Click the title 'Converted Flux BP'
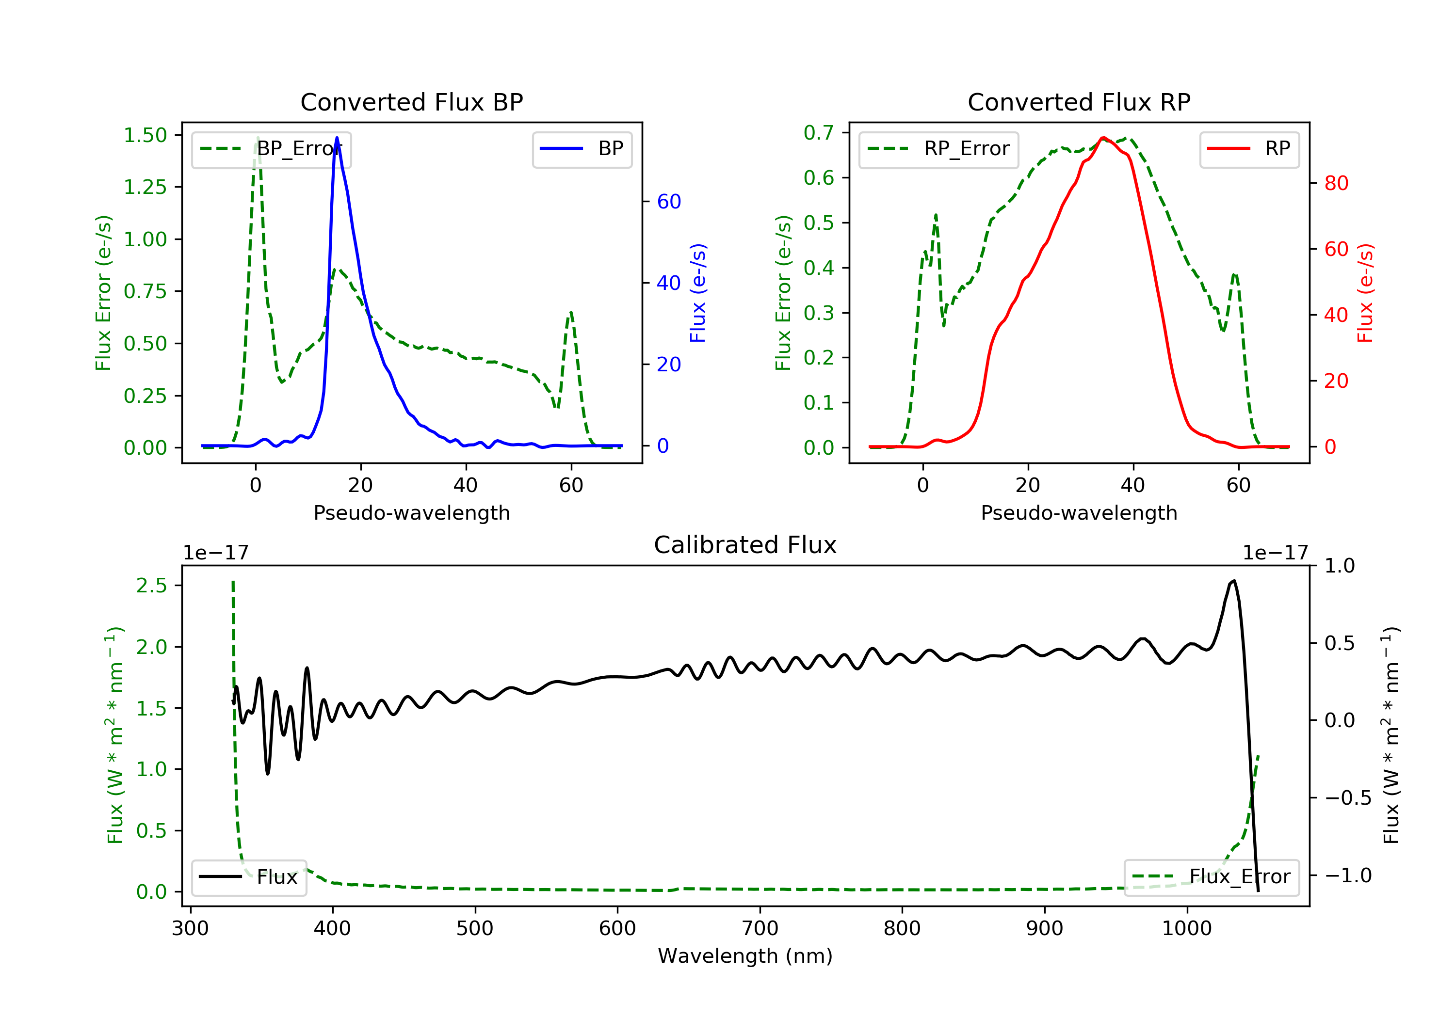click(411, 102)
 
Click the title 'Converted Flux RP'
click(1079, 102)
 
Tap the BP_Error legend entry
click(271, 149)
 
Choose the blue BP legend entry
click(582, 149)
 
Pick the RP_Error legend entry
click(938, 149)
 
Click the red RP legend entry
click(1249, 149)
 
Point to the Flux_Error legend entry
click(1211, 877)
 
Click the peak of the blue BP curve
click(337, 138)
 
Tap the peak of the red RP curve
click(1103, 138)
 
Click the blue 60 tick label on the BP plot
click(668, 202)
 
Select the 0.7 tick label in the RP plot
click(819, 132)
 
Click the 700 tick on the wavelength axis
click(760, 928)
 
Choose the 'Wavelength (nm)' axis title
click(745, 956)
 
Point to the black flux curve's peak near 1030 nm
click(1234, 580)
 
